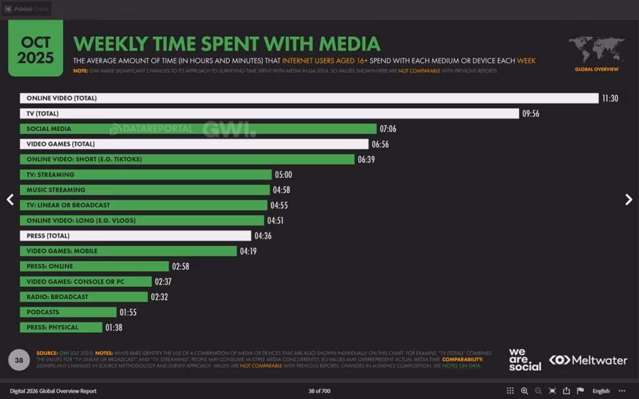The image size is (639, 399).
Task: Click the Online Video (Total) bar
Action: point(309,99)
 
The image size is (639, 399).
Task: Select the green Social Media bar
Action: point(198,129)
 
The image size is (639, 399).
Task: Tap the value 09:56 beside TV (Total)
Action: point(530,113)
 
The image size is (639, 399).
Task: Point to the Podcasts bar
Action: point(68,312)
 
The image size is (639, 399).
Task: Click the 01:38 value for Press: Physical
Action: point(114,327)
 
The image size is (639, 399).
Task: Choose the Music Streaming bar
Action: point(145,190)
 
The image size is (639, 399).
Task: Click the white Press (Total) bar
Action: point(135,236)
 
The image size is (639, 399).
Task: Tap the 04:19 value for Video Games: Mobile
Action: point(248,251)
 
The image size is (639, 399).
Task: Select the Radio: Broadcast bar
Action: point(84,297)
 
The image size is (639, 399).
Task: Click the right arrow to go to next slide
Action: point(628,199)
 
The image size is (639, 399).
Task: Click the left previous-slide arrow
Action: point(10,199)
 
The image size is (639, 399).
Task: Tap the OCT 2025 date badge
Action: point(36,50)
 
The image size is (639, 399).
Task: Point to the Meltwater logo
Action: point(588,360)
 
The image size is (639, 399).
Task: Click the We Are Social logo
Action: point(525,360)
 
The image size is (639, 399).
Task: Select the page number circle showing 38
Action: point(19,360)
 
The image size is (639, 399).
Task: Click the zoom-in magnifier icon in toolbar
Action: point(524,391)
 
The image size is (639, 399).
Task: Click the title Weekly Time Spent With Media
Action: point(227,44)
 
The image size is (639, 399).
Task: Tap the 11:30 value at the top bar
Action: point(610,99)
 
